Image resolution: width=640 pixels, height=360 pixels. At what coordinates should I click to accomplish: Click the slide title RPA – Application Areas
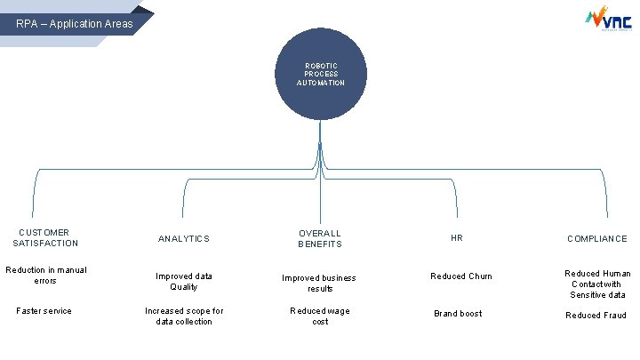[x=75, y=23]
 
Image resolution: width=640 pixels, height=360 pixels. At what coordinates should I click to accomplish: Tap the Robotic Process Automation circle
[x=320, y=76]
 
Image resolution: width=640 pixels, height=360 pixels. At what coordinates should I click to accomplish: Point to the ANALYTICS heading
[x=184, y=238]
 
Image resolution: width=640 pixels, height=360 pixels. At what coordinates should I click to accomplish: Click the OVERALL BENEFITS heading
[x=320, y=238]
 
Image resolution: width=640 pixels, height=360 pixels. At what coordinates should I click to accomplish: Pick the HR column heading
[x=457, y=238]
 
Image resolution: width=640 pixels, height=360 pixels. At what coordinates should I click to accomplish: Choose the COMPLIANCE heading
[x=597, y=238]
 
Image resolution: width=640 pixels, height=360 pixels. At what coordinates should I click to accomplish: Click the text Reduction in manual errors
[x=45, y=275]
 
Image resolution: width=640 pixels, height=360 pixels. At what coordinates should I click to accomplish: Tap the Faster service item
[x=45, y=311]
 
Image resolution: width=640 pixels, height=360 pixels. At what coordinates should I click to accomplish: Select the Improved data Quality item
[x=184, y=281]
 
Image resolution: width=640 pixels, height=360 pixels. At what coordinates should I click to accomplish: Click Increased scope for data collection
[x=184, y=316]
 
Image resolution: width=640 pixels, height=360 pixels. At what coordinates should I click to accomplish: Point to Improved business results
[x=319, y=283]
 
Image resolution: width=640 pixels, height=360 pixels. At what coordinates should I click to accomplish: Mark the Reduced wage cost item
[x=320, y=316]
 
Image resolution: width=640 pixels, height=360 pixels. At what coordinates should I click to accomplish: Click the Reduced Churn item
[x=461, y=276]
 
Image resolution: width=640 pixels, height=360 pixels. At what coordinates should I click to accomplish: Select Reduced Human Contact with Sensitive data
[x=597, y=284]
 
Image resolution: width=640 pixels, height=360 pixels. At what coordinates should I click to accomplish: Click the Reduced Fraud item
[x=596, y=316]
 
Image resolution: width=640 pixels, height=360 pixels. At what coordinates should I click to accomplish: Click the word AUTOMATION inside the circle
[x=321, y=83]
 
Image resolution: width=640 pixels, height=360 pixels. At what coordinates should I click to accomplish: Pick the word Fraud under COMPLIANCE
[x=614, y=316]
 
